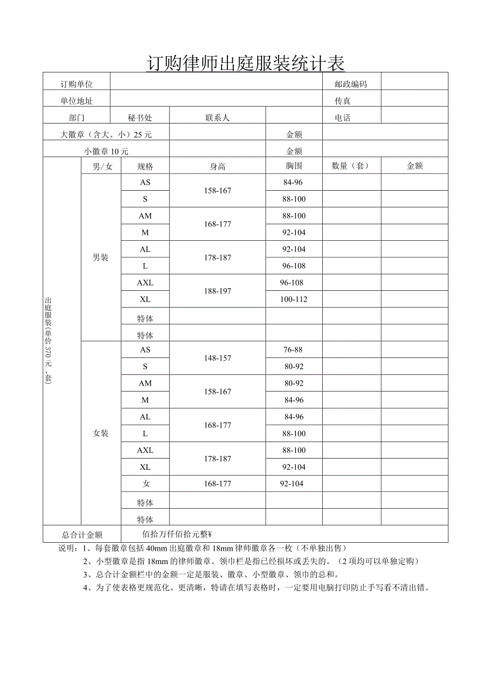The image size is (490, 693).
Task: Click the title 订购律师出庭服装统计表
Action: [x=245, y=63]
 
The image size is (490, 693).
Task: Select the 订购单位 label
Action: [x=77, y=84]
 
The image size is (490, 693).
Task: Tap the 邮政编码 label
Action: [x=350, y=84]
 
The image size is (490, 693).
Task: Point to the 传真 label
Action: [x=342, y=101]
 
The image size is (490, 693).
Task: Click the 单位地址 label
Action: [x=77, y=101]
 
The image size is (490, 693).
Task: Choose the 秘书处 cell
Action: [x=140, y=118]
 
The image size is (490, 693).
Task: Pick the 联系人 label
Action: [x=217, y=118]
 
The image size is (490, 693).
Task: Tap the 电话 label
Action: [x=342, y=118]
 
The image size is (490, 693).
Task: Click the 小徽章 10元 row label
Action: [x=107, y=151]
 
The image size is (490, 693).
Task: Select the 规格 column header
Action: [x=145, y=166]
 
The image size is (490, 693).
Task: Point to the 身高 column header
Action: [x=217, y=166]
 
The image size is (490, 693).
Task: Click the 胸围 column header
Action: [x=293, y=166]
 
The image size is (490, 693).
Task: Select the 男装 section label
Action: [x=101, y=257]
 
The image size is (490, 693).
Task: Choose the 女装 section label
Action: [x=101, y=433]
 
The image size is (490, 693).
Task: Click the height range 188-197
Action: [x=217, y=291]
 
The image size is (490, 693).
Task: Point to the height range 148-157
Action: [x=217, y=358]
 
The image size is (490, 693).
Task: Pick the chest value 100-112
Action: [x=293, y=299]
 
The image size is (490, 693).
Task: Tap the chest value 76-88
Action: [x=293, y=349]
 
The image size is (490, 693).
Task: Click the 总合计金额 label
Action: [x=82, y=535]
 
